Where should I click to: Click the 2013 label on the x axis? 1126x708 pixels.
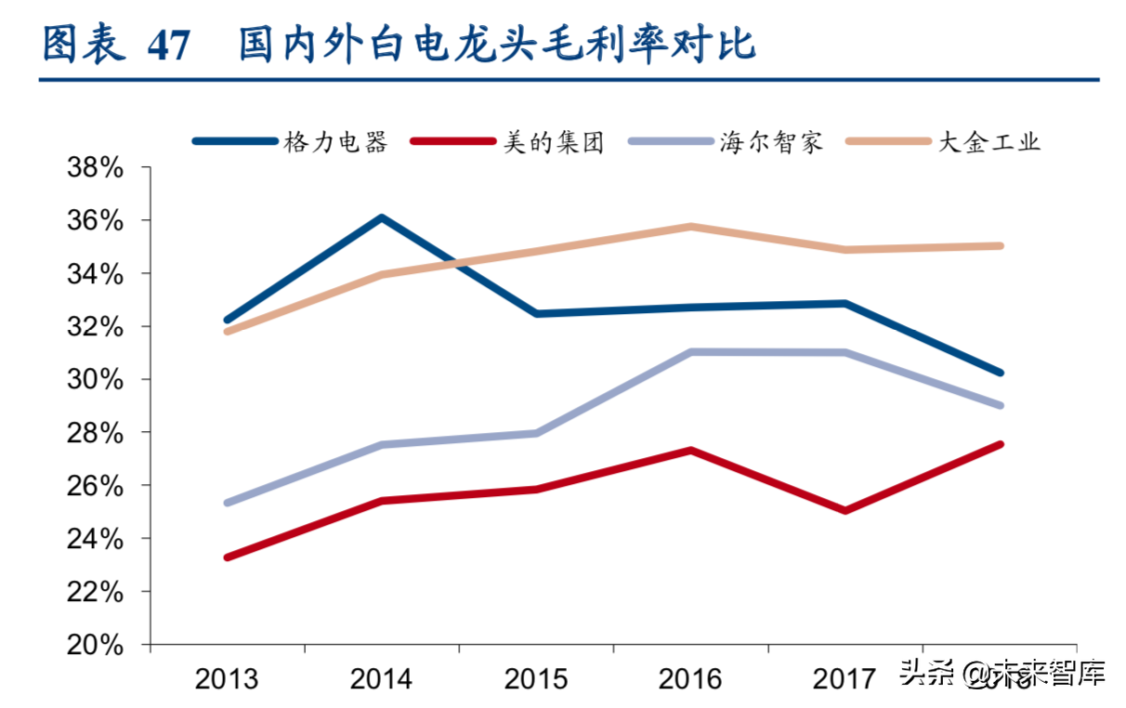click(x=227, y=679)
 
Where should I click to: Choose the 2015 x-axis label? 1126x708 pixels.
click(x=536, y=679)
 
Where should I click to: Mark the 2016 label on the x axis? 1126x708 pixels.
click(x=690, y=679)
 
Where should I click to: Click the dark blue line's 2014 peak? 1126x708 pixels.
click(x=381, y=218)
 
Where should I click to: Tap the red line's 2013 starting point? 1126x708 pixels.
click(x=228, y=557)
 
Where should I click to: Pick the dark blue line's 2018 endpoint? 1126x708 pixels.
click(x=1000, y=372)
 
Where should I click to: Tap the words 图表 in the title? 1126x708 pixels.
click(x=85, y=45)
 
